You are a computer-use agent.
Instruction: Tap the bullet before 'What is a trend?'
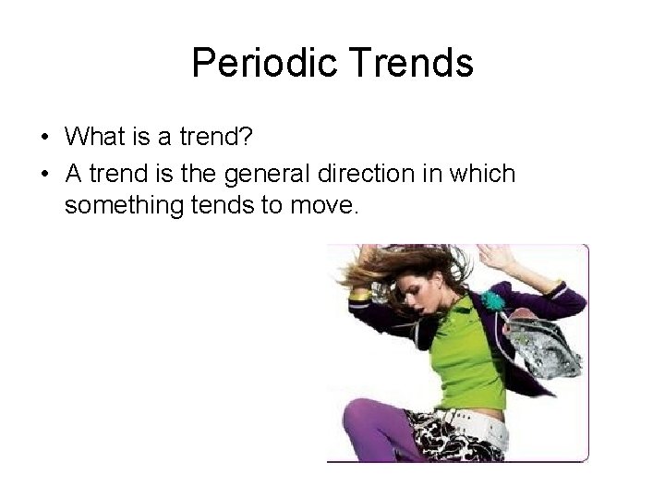click(44, 138)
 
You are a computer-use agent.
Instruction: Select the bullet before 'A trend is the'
click(44, 173)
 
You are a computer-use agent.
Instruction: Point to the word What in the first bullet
click(96, 137)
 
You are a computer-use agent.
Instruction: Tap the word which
click(484, 173)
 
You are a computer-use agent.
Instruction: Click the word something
click(126, 206)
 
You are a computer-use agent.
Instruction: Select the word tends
click(227, 206)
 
